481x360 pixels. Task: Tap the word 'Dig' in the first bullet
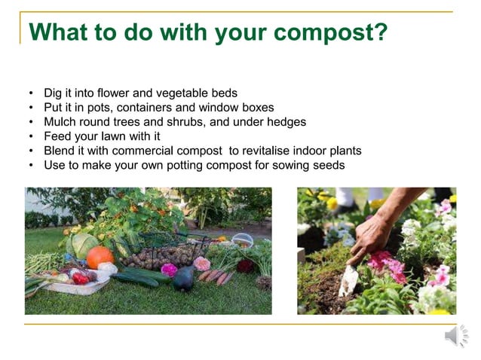click(54, 93)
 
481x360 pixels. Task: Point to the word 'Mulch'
click(60, 122)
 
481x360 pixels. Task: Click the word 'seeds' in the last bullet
click(329, 165)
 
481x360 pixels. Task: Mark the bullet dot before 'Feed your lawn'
click(31, 136)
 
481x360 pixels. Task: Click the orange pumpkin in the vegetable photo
click(100, 257)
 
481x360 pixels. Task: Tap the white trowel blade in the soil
click(349, 282)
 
